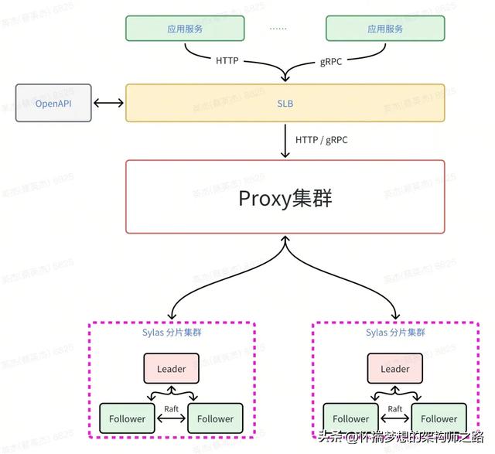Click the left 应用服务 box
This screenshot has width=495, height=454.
[185, 29]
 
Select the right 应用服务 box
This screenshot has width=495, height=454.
[385, 29]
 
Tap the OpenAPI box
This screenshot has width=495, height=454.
[53, 103]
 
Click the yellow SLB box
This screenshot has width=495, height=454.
[285, 104]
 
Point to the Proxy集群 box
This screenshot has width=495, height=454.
[285, 197]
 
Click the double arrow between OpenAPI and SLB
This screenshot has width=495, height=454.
[108, 103]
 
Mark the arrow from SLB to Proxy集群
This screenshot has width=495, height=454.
[285, 141]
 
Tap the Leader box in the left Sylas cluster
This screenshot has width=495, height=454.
[171, 369]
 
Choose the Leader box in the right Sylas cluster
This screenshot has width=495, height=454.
[394, 369]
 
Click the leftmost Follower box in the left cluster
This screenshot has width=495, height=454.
[127, 418]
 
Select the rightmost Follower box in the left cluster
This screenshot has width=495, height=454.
[215, 418]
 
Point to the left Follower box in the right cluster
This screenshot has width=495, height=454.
[350, 418]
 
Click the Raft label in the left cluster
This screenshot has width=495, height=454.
[171, 408]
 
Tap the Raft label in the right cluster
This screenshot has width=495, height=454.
[394, 408]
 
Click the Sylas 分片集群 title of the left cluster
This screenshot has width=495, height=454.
[171, 333]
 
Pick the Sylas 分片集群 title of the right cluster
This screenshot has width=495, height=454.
[394, 333]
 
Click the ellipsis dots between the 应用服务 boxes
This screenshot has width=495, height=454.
[278, 28]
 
